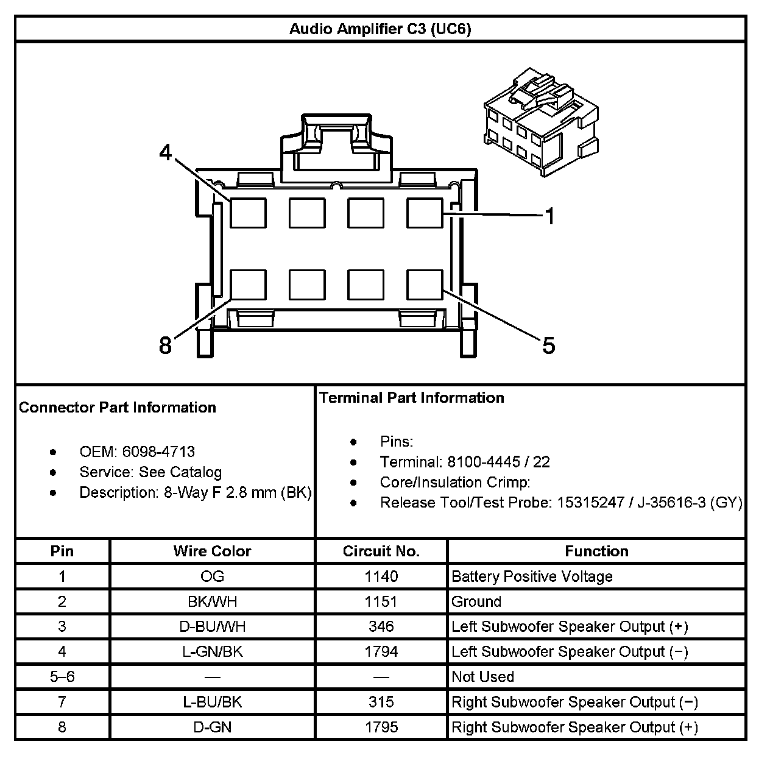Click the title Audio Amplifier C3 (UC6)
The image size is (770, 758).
tap(380, 29)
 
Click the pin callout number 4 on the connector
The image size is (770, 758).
tap(166, 152)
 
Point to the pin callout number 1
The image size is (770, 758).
tap(549, 216)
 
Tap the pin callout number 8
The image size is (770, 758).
tap(165, 345)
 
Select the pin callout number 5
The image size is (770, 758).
tap(549, 345)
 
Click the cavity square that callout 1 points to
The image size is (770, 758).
tap(425, 213)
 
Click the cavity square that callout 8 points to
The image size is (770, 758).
tap(249, 285)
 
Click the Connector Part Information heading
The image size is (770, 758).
tap(118, 407)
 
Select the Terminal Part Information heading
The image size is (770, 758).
tap(412, 398)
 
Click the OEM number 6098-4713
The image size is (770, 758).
tap(158, 452)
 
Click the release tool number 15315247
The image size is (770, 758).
tap(590, 502)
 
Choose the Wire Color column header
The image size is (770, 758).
tap(212, 551)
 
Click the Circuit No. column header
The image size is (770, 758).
tap(381, 551)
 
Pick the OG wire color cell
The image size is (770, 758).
tap(212, 576)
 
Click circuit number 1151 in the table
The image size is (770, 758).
tap(381, 601)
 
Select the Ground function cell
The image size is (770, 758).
tap(476, 601)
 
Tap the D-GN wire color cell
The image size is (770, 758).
tap(212, 727)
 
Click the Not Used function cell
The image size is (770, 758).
tap(482, 676)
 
